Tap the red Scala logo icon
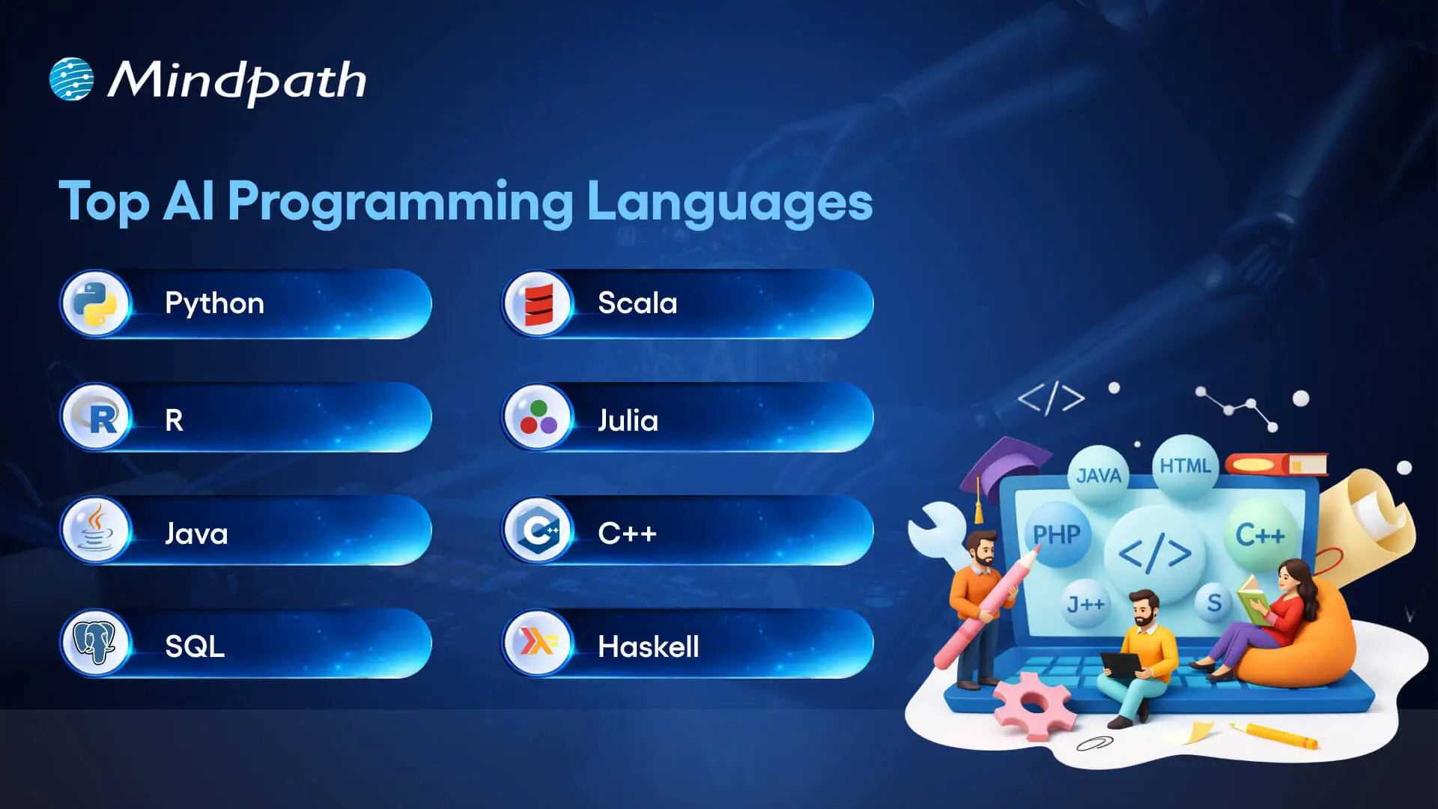(x=539, y=304)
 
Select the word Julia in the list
(x=628, y=420)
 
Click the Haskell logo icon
(x=539, y=643)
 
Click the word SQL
(x=195, y=646)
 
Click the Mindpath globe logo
(x=72, y=79)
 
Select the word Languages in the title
(x=729, y=202)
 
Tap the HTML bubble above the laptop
(x=1185, y=466)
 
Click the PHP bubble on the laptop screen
(x=1057, y=535)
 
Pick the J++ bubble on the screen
(x=1085, y=604)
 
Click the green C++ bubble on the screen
(x=1260, y=535)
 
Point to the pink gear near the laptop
(x=1032, y=704)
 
